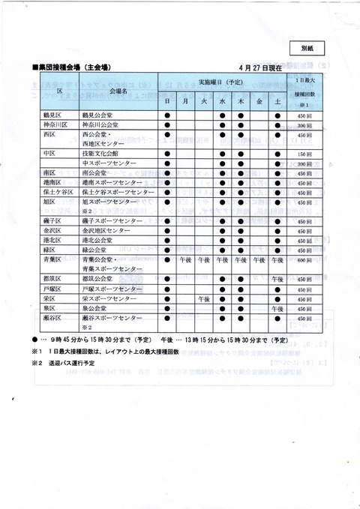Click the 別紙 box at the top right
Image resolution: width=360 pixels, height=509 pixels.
(308, 46)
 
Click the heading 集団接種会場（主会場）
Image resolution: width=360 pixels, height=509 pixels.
(73, 67)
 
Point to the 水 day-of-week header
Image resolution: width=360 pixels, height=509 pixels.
(222, 100)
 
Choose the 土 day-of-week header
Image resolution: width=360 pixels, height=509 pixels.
(277, 100)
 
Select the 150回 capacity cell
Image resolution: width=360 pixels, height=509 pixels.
(304, 152)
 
